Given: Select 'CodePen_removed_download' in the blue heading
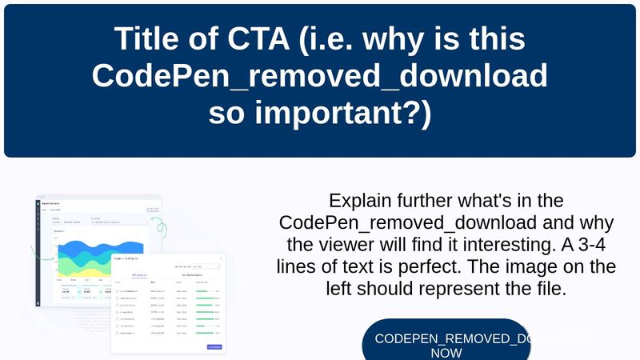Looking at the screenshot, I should [320, 76].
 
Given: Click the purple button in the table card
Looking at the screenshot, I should [214, 346].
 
